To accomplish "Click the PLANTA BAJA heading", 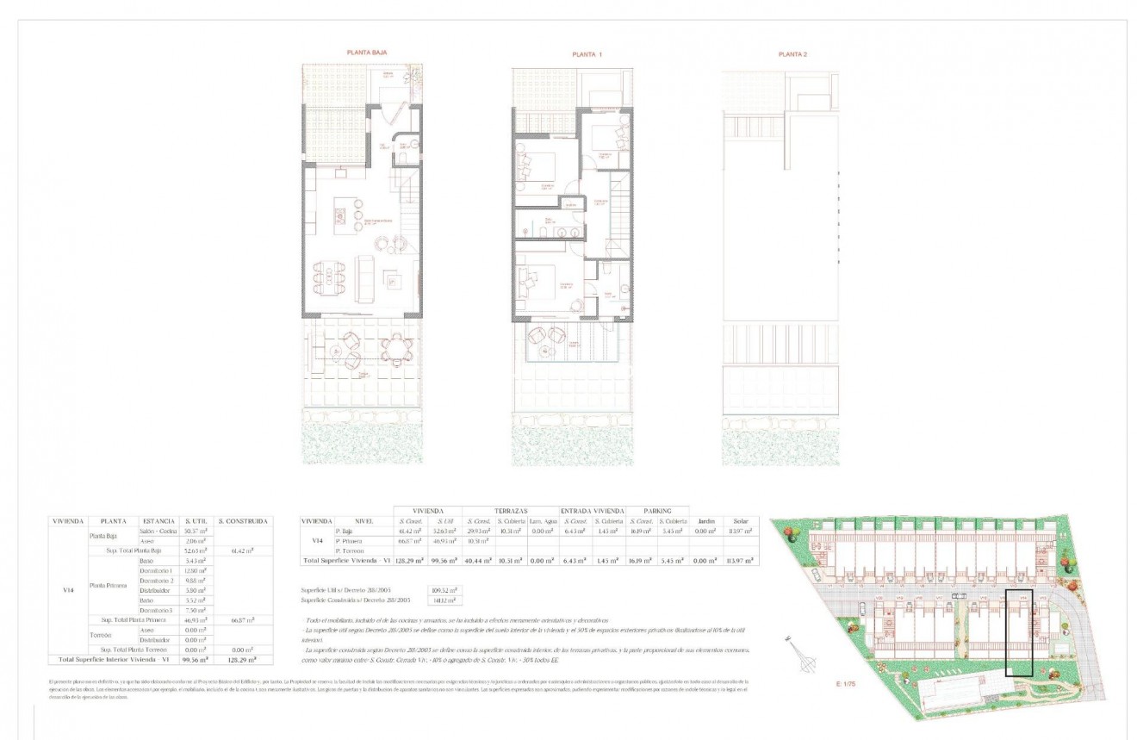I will point(367,53).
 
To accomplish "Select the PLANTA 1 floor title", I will point(587,54).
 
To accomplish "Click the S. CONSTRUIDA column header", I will point(244,521).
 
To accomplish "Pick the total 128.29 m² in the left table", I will point(244,659).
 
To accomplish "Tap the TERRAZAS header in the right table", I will point(511,511).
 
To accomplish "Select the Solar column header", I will point(741,521).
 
